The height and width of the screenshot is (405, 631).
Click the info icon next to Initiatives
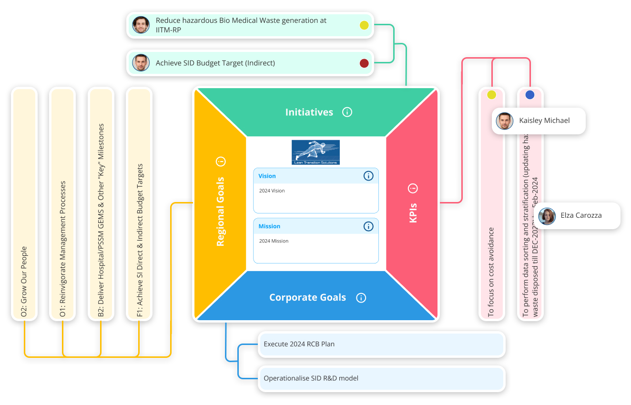click(x=347, y=112)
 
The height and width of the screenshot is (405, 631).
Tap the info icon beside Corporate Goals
click(x=361, y=298)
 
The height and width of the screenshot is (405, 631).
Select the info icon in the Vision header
click(x=368, y=176)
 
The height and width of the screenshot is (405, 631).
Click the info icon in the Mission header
click(x=368, y=226)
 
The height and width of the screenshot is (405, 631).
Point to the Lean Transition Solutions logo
click(x=315, y=152)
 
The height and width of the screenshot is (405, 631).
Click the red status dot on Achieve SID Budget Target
click(x=364, y=63)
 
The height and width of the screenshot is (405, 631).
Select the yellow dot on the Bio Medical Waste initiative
click(x=364, y=25)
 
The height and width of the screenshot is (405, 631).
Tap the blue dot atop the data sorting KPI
click(x=530, y=95)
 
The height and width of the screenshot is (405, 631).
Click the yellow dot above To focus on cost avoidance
click(x=491, y=95)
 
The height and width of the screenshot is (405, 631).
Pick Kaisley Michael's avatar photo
click(x=504, y=121)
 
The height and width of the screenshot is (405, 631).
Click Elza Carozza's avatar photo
click(x=547, y=216)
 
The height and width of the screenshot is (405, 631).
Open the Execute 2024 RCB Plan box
click(x=381, y=344)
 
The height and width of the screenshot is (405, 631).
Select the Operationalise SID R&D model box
click(x=381, y=378)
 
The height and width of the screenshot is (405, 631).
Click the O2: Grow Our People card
click(x=24, y=204)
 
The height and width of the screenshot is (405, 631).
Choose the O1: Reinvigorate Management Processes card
click(x=62, y=204)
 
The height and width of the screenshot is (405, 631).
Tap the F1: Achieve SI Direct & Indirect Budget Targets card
click(x=139, y=204)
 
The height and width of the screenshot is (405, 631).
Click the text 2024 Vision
click(x=272, y=191)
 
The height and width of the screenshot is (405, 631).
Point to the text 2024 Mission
click(x=274, y=241)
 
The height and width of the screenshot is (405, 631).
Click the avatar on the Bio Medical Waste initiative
click(x=141, y=25)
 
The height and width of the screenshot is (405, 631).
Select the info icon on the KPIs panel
click(x=413, y=188)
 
